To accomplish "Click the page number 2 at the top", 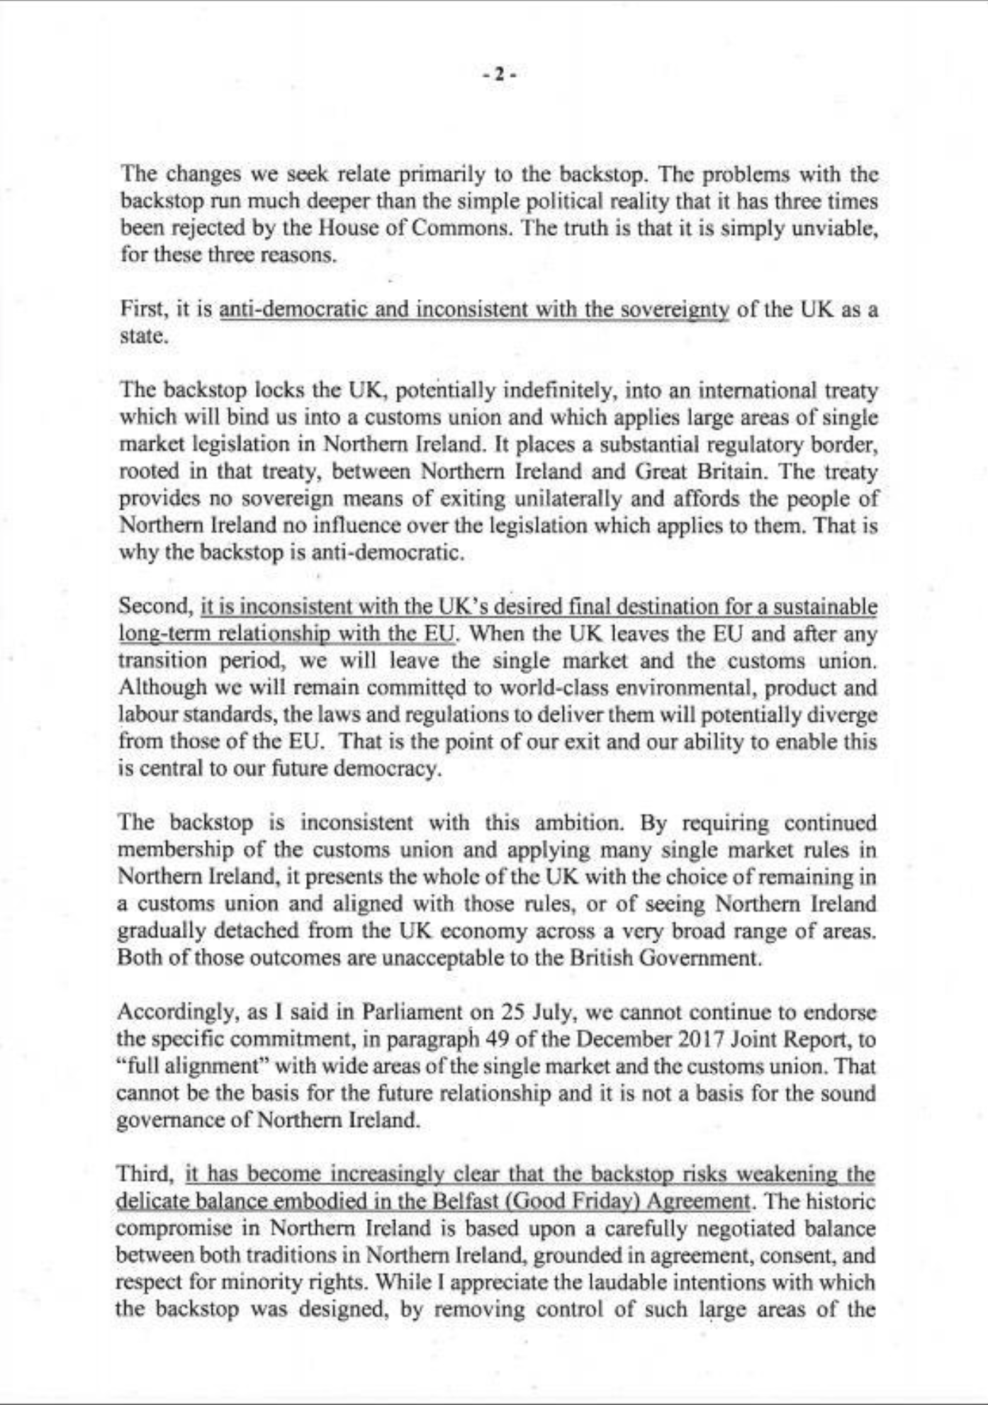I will (499, 74).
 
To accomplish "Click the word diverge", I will (842, 715).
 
